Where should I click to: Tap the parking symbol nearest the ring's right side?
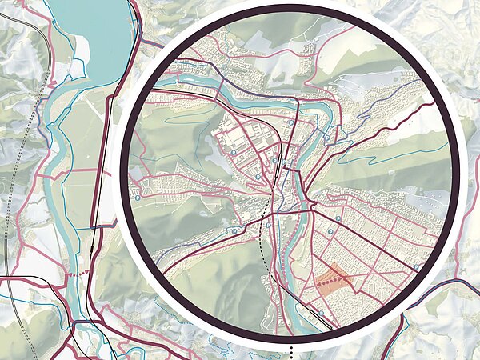coord(418,267)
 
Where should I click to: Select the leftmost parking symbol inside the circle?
coord(138,194)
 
